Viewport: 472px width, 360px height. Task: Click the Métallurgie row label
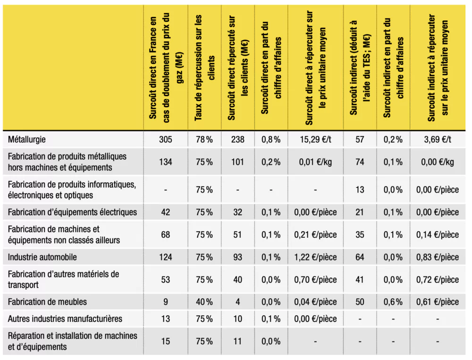(27, 140)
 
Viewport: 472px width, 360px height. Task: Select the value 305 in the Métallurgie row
(166, 139)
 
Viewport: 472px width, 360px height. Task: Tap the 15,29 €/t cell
(315, 139)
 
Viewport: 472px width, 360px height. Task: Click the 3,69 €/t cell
(438, 139)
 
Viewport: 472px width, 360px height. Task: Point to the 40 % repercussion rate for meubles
(204, 301)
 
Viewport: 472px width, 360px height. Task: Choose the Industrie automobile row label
(42, 257)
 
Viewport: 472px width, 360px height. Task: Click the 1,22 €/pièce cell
(315, 257)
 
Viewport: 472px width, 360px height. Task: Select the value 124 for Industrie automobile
(166, 257)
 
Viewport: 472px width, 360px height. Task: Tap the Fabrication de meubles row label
(47, 302)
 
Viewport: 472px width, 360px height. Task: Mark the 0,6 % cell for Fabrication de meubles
(393, 301)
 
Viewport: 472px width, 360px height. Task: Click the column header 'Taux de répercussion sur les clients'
(205, 68)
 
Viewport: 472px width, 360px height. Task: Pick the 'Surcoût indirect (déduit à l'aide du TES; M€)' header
(360, 68)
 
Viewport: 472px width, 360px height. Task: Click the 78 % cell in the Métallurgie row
(204, 139)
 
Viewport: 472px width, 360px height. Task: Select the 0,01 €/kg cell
(315, 162)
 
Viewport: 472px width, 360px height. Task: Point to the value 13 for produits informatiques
(360, 190)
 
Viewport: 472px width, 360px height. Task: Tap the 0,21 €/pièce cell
(315, 234)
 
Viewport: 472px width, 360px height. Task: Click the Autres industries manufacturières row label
(65, 319)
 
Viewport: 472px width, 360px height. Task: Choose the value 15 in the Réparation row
(166, 341)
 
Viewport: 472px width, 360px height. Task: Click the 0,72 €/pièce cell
(438, 280)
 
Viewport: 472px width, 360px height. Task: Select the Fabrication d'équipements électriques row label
(72, 212)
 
